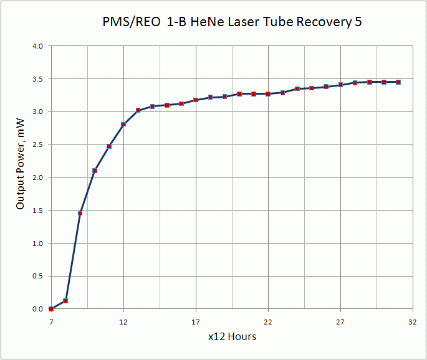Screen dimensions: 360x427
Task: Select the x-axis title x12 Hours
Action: pyautogui.click(x=232, y=336)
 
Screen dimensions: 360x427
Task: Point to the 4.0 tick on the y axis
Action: pyautogui.click(x=37, y=46)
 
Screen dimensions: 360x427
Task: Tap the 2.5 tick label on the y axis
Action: pyautogui.click(x=37, y=144)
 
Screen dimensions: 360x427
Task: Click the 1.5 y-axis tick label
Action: pyautogui.click(x=37, y=211)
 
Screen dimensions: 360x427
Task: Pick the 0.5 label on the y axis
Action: pyautogui.click(x=37, y=276)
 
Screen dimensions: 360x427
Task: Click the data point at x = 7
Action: pyautogui.click(x=51, y=309)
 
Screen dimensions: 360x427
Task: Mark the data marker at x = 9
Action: pyautogui.click(x=80, y=214)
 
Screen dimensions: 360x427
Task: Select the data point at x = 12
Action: pyautogui.click(x=123, y=125)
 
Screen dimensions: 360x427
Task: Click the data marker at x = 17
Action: pyautogui.click(x=196, y=100)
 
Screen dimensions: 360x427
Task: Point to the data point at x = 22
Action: pyautogui.click(x=268, y=94)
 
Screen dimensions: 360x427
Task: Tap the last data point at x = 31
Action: pyautogui.click(x=398, y=82)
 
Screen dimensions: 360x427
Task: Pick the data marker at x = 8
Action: pyautogui.click(x=65, y=301)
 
